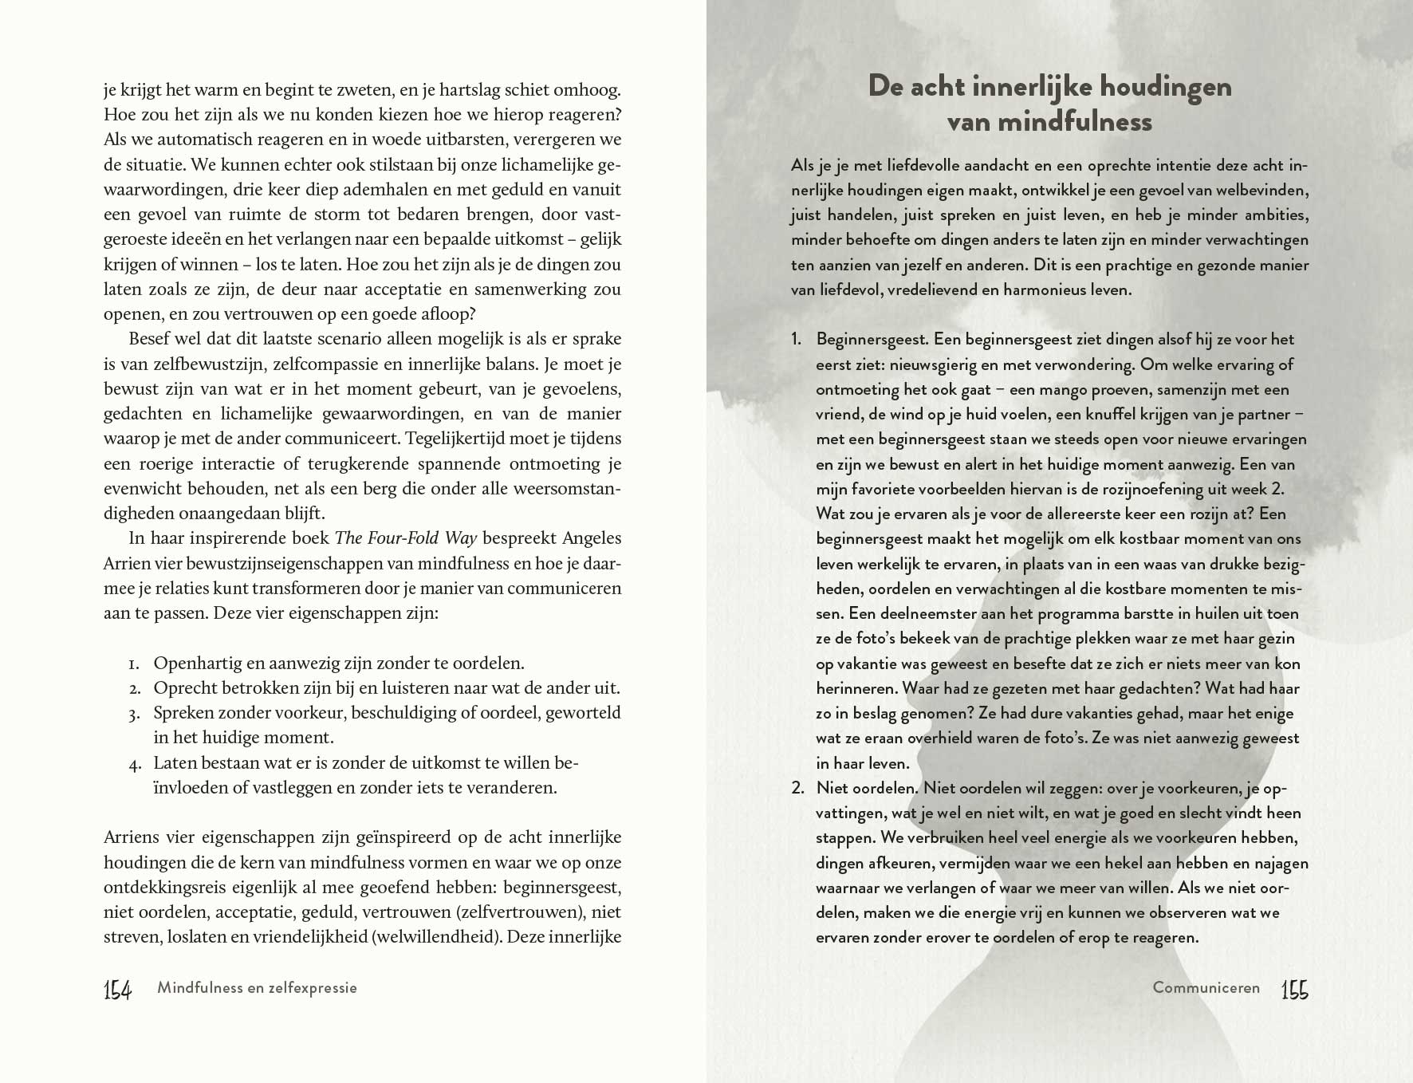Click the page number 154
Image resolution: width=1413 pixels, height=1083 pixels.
[x=117, y=990]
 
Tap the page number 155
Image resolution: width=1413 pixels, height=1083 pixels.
[x=1294, y=990]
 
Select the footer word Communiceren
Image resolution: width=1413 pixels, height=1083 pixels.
[x=1206, y=988]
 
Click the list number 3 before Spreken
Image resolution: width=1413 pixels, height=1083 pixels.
[x=134, y=714]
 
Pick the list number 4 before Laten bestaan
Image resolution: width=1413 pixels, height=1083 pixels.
[x=134, y=764]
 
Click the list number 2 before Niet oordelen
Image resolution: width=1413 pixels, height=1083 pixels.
[x=797, y=789]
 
